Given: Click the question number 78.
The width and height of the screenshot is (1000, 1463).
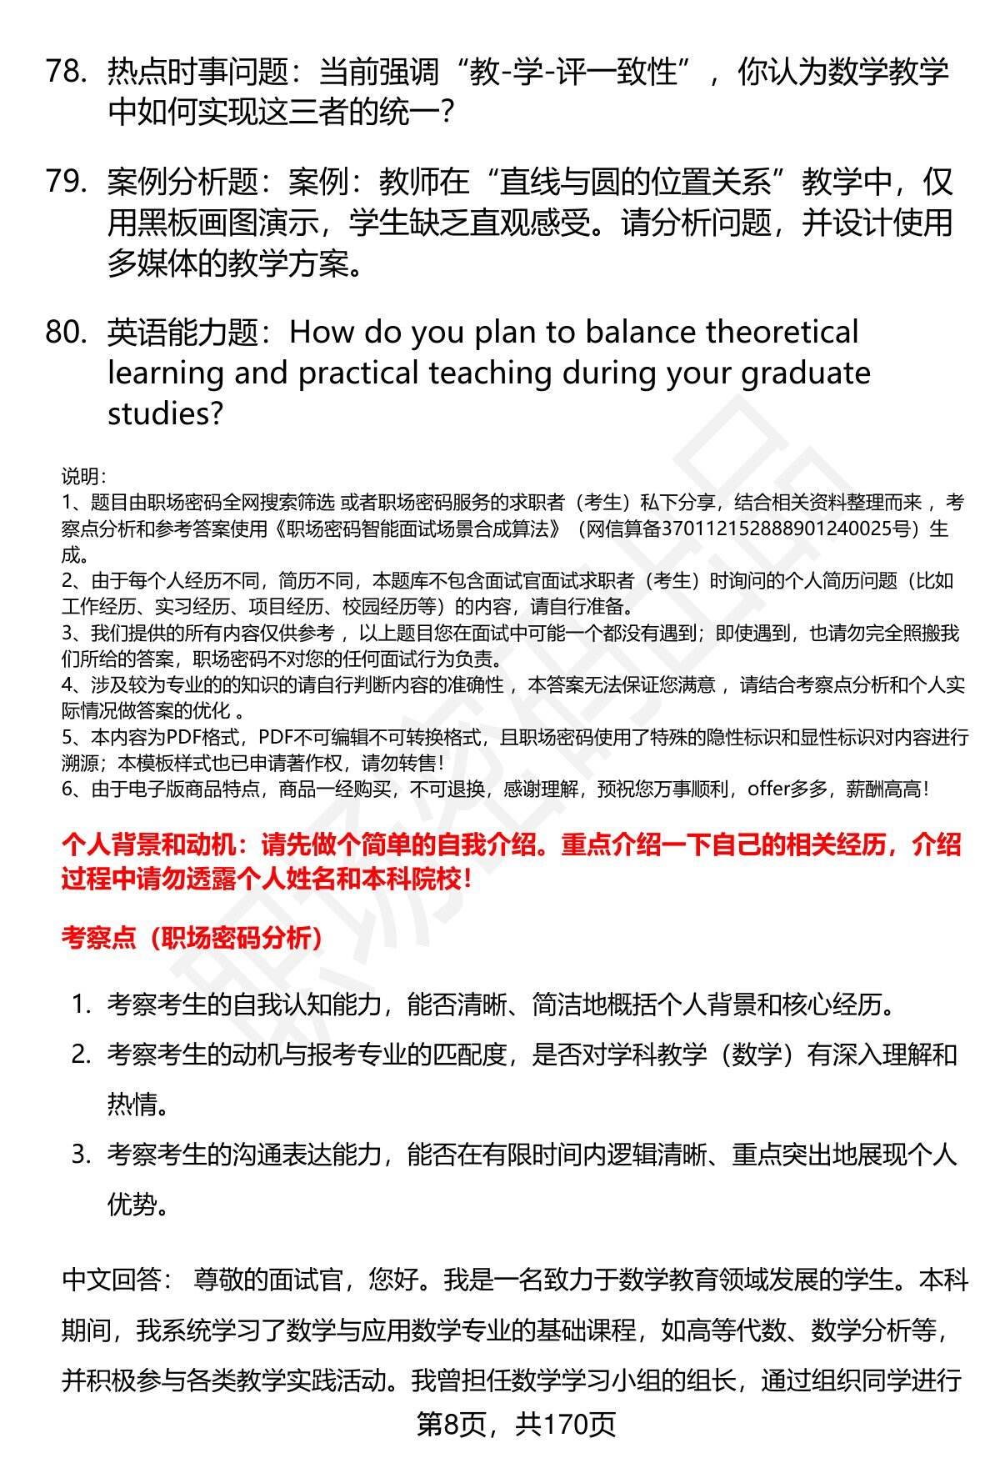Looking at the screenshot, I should coord(66,73).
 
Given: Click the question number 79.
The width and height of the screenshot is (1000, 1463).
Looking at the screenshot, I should coord(66,182).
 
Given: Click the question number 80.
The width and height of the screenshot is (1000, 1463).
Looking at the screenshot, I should coord(66,333).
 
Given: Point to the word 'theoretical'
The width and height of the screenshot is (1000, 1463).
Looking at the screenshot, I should coord(782,333).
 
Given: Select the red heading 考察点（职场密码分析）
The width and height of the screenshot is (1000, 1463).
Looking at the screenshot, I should coord(192,938).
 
